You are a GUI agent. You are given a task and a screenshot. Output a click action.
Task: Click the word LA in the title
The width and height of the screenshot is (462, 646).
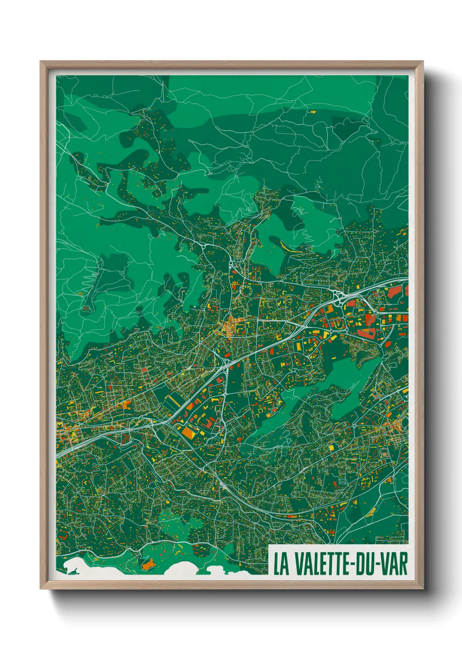[x=281, y=564]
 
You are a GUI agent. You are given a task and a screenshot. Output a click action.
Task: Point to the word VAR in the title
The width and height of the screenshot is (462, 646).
[x=394, y=564]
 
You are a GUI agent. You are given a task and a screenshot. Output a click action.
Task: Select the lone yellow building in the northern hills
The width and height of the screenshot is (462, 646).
[x=313, y=112]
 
